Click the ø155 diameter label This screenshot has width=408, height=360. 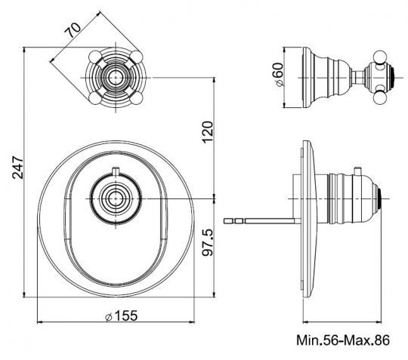click(x=118, y=317)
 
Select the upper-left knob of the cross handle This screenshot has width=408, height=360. click(x=96, y=57)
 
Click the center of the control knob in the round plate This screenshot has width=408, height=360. click(x=116, y=199)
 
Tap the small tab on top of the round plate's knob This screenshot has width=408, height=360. click(x=116, y=171)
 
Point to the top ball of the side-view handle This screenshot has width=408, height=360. click(x=376, y=54)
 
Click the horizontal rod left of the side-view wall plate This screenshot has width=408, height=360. click(x=264, y=220)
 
